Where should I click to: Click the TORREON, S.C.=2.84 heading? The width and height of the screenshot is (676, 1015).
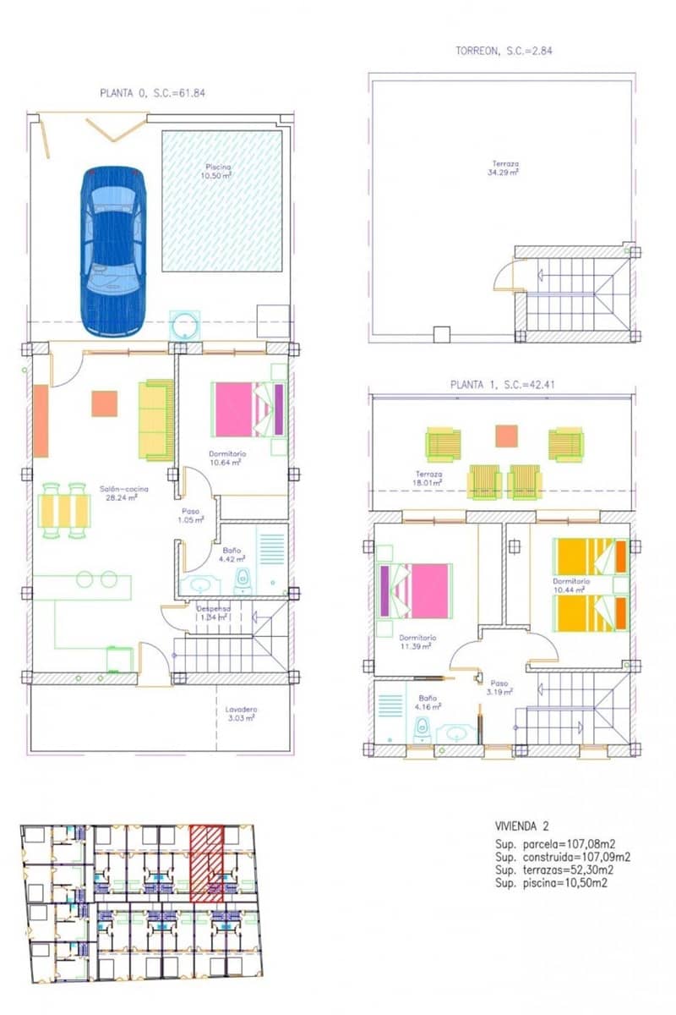tap(504, 52)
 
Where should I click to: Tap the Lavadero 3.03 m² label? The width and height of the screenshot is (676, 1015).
tap(241, 714)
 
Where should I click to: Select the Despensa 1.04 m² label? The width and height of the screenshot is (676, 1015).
tap(212, 612)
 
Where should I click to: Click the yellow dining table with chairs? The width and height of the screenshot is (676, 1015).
tap(64, 510)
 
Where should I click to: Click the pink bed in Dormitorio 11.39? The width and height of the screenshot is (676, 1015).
tap(416, 590)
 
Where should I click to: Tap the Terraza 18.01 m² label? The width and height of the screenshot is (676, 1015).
tap(428, 479)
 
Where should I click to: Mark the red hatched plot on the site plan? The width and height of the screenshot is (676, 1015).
tap(205, 863)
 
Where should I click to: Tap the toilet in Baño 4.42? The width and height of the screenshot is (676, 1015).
tap(243, 581)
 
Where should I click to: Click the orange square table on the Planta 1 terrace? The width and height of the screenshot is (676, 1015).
tap(506, 436)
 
